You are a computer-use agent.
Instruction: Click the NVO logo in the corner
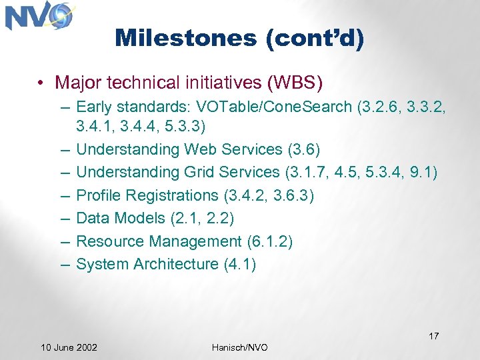[x=39, y=16]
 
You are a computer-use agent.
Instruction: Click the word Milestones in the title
[x=185, y=38]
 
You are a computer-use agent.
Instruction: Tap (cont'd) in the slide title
[x=314, y=38]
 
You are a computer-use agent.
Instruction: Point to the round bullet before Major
[x=41, y=83]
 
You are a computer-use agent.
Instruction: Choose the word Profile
[x=99, y=195]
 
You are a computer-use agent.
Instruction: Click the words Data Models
[x=120, y=218]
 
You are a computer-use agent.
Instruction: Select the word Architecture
[x=176, y=264]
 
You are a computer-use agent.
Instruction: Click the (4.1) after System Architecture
[x=239, y=264]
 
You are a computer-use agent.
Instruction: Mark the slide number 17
[x=433, y=336]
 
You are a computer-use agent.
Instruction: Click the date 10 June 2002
[x=69, y=347]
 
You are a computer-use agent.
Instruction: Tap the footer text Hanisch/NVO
[x=239, y=347]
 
